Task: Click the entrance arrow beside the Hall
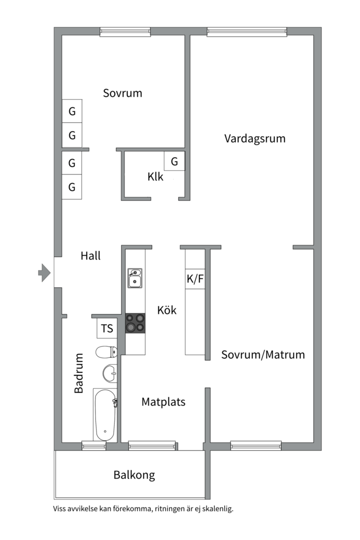44,272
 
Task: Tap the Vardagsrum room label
254,138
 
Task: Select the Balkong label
134,475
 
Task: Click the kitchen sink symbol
134,278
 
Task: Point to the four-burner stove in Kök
135,323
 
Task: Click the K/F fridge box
195,279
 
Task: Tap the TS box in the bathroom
107,328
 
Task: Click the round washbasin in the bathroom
110,373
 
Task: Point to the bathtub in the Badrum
105,415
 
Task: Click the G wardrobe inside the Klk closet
174,161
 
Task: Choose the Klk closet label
155,177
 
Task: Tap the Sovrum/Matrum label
263,355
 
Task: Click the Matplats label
163,402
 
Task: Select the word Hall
90,256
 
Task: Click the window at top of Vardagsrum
247,31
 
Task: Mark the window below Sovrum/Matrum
255,445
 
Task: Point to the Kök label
166,310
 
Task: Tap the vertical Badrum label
79,373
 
